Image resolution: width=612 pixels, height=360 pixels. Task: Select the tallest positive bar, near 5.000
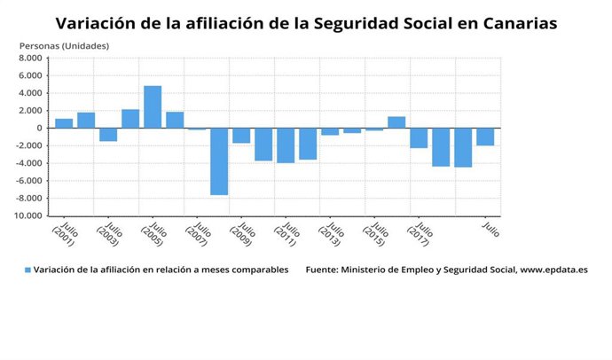(153, 106)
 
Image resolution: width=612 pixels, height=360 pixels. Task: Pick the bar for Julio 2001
(64, 123)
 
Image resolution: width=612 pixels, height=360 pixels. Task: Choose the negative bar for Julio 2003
(108, 135)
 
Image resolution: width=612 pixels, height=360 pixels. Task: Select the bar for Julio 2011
(286, 145)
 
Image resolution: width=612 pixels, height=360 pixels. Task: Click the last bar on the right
(485, 137)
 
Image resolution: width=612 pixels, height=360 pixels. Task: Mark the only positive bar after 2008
(396, 122)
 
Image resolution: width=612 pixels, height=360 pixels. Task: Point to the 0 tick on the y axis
(38, 129)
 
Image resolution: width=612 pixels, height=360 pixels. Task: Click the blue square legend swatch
(27, 270)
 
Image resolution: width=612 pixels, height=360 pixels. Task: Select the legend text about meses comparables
(161, 270)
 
